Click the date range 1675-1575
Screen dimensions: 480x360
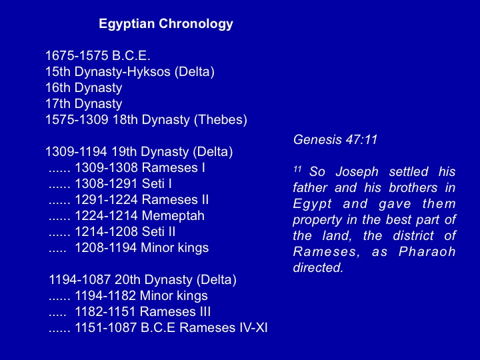pyautogui.click(x=77, y=56)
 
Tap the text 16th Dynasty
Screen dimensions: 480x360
pyautogui.click(x=84, y=88)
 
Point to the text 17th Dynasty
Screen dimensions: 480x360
pyautogui.click(x=84, y=104)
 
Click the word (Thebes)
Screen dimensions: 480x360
pyautogui.click(x=221, y=120)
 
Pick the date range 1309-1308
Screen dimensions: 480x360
pyautogui.click(x=106, y=168)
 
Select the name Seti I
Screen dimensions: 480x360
pyautogui.click(x=157, y=184)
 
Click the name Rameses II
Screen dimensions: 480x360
pyautogui.click(x=175, y=200)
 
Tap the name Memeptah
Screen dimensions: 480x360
pyautogui.click(x=173, y=216)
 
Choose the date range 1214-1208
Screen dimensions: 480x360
pyautogui.click(x=106, y=232)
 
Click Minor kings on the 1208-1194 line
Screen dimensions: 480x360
pyautogui.click(x=175, y=248)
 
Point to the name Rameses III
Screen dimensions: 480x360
pyautogui.click(x=175, y=312)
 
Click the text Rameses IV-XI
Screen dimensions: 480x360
pyautogui.click(x=223, y=328)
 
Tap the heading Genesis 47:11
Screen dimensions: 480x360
pyautogui.click(x=335, y=140)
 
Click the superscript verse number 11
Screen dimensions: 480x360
pyautogui.click(x=297, y=169)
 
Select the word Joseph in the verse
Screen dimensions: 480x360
pyautogui.click(x=357, y=172)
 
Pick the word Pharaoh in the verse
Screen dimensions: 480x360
pyautogui.click(x=427, y=251)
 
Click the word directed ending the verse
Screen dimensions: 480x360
pyautogui.click(x=318, y=267)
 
